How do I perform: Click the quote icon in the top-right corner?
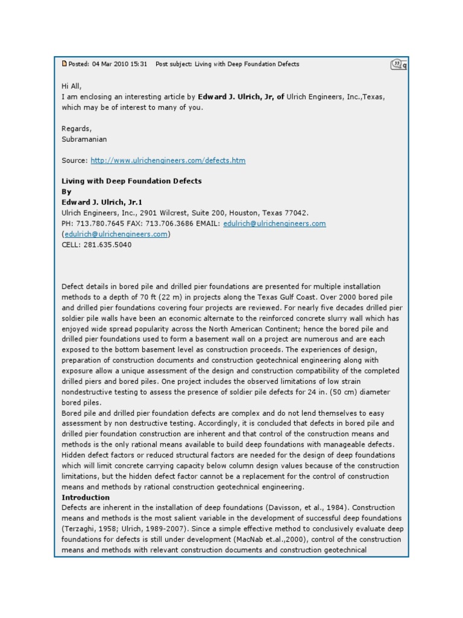[x=398, y=64]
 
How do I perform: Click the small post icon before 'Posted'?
[x=65, y=64]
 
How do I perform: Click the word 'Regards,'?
[x=77, y=129]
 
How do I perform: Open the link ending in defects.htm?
[x=168, y=161]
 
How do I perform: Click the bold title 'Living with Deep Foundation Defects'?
[x=131, y=181]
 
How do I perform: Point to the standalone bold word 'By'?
[x=66, y=192]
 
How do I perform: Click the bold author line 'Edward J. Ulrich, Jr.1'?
[x=102, y=202]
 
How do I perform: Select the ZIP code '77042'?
[x=297, y=213]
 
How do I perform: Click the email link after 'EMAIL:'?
[x=274, y=223]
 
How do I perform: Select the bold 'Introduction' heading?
[x=86, y=497]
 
